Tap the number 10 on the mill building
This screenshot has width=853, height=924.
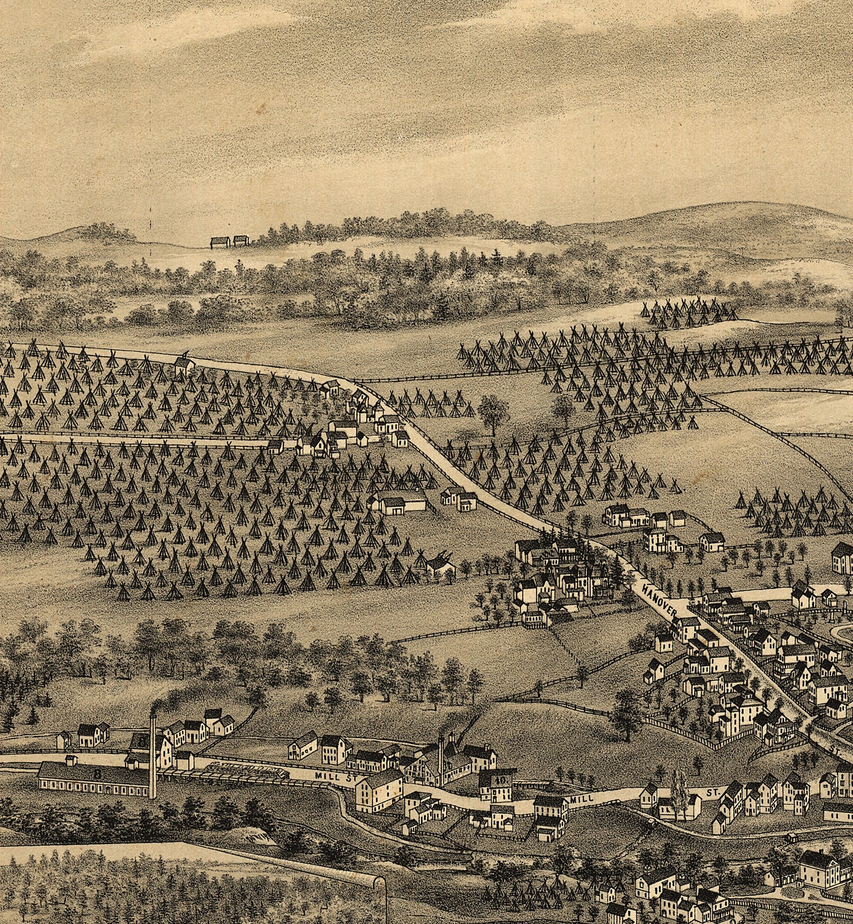[501, 780]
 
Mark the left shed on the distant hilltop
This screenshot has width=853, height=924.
[220, 242]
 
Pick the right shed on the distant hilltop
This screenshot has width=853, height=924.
[240, 241]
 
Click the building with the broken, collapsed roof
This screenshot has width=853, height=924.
[441, 564]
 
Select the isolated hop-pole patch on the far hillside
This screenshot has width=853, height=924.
[690, 314]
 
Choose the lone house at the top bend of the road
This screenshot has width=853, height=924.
[184, 363]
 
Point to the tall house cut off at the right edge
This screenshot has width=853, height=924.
[842, 557]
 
